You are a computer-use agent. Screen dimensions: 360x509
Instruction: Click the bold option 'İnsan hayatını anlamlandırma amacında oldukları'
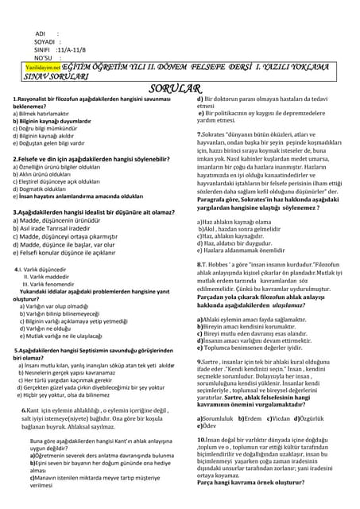pos(79,196)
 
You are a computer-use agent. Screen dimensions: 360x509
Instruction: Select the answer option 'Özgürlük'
pos(317,417)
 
